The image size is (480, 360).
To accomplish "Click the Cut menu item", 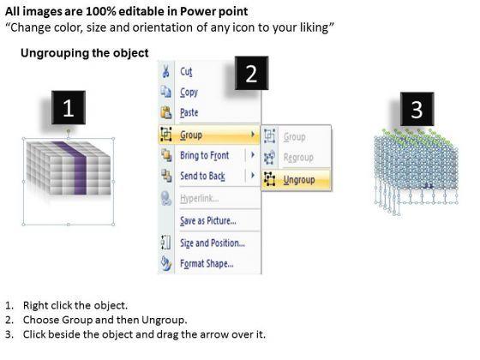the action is tap(186, 72).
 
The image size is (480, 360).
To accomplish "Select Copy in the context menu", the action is tap(189, 93).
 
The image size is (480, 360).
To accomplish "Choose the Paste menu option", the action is tap(189, 112).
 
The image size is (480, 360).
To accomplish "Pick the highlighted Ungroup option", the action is tap(299, 180).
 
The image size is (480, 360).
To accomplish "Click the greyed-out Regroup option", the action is tap(298, 158).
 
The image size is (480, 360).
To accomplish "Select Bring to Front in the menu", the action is tap(204, 155).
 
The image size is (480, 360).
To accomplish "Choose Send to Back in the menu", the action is tap(202, 176).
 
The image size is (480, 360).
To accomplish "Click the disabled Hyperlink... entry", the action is tap(199, 199).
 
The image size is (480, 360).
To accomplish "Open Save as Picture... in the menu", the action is tap(207, 220).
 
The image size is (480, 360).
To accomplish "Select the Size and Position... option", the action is tap(213, 243).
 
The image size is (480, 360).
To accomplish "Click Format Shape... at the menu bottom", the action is tap(207, 264).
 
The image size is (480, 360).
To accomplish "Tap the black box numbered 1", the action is tap(69, 107).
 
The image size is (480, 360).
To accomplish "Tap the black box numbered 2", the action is tap(251, 73).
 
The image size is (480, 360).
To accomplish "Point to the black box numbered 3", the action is tap(417, 109).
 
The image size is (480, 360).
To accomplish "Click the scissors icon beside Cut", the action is tap(166, 72).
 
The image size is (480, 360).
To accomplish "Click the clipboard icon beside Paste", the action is tap(166, 112).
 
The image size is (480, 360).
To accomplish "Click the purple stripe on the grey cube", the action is tap(75, 167).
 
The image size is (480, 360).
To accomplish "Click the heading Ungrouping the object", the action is tap(85, 53).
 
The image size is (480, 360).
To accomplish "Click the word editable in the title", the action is tap(141, 11).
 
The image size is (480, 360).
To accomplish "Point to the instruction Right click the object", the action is tap(75, 305).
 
